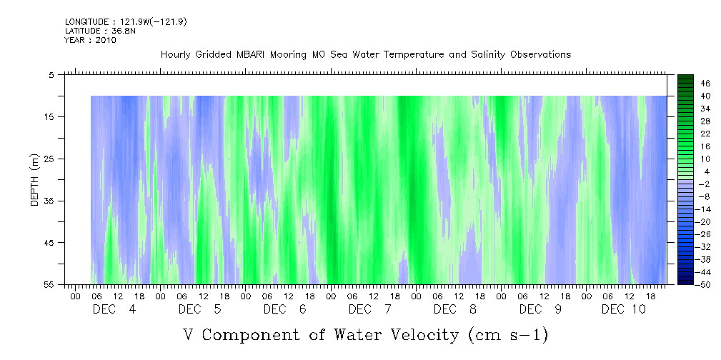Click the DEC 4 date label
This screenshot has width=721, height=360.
[114, 309]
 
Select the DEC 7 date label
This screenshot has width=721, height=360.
[370, 309]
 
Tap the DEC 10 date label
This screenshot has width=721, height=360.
[624, 309]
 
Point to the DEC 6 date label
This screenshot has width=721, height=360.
[285, 309]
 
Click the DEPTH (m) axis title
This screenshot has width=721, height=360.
[35, 180]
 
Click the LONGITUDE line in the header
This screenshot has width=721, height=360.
[126, 22]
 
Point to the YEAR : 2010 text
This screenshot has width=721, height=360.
[91, 40]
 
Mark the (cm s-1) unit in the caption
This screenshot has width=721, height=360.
[507, 336]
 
